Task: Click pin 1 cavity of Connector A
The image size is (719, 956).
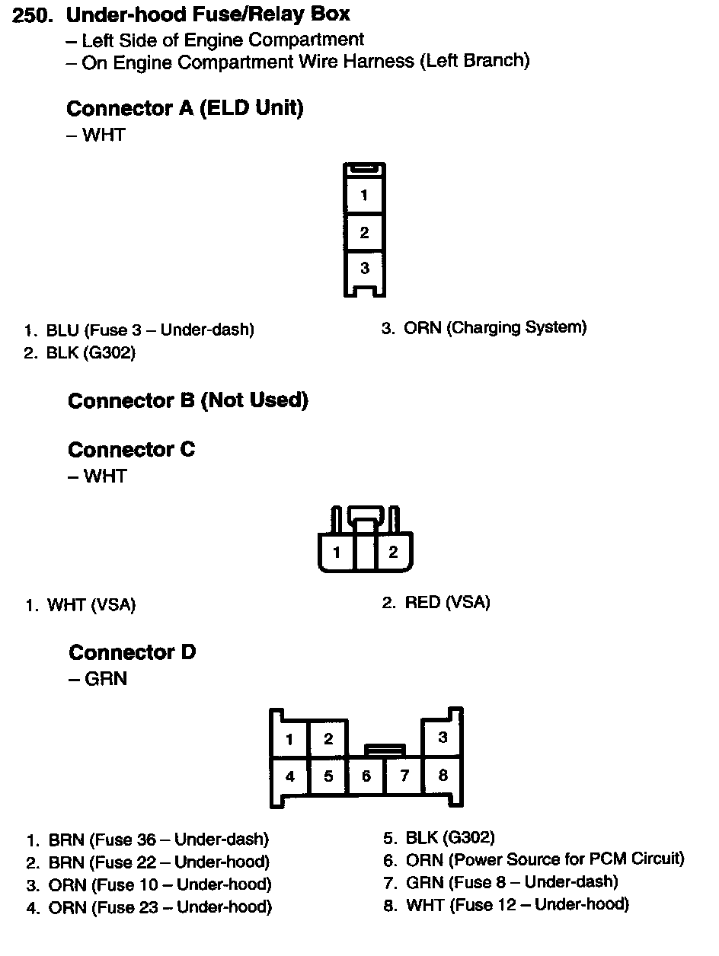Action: [x=364, y=195]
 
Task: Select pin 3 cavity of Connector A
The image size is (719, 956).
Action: [x=364, y=268]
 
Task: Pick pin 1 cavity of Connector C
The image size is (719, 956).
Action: [x=337, y=553]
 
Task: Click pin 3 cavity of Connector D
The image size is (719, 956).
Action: [x=443, y=738]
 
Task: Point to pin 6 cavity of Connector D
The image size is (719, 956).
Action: [x=366, y=776]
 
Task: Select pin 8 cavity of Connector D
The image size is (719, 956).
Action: [x=443, y=776]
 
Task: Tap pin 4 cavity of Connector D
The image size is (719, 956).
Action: [x=289, y=776]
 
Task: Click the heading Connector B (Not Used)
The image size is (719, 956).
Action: [x=188, y=400]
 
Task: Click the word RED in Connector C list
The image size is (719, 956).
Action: [x=423, y=603]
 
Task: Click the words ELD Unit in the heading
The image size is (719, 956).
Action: [x=251, y=109]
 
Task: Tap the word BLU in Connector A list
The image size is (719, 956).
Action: [x=62, y=330]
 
